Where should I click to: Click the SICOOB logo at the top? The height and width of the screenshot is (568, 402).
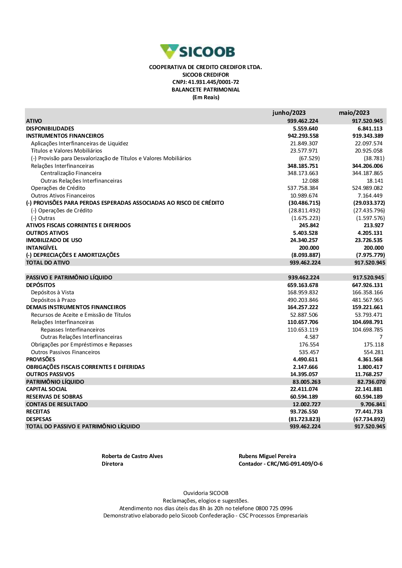click(x=197, y=52)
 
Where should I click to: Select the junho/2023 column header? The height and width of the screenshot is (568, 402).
click(x=289, y=113)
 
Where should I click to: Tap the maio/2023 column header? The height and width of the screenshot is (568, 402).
click(x=354, y=113)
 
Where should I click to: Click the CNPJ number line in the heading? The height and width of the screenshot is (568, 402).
click(x=205, y=82)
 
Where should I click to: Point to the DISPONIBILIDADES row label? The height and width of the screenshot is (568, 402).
click(x=50, y=128)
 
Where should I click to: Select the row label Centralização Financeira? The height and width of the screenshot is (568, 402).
click(x=71, y=173)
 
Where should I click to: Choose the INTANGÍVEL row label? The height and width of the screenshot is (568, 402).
click(x=41, y=248)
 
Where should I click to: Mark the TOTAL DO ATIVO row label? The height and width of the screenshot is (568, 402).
click(x=47, y=263)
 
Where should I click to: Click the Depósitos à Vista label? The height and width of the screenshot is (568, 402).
click(x=52, y=292)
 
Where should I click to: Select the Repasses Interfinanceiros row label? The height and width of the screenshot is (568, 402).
click(x=72, y=330)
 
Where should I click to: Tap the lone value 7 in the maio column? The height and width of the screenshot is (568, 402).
click(x=381, y=337)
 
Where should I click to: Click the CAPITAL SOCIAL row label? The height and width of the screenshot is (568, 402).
click(x=46, y=389)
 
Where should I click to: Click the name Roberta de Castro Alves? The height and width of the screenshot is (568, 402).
click(x=132, y=456)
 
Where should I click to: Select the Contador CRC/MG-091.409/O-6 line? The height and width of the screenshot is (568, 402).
click(x=280, y=464)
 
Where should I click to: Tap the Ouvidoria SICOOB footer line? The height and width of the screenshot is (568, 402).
click(x=205, y=493)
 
